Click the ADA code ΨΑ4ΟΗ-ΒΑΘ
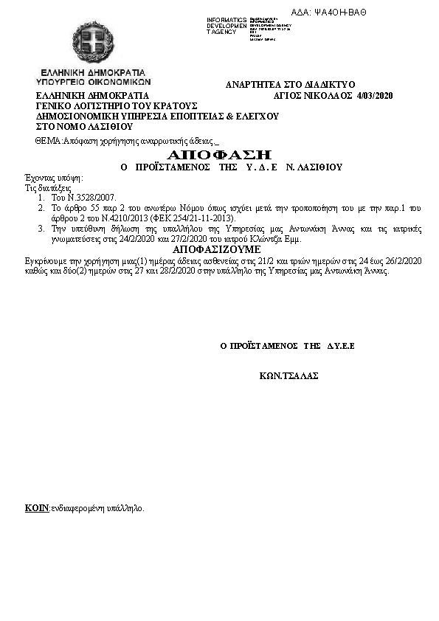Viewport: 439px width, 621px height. (339, 13)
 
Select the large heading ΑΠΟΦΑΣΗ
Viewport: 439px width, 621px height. (220, 154)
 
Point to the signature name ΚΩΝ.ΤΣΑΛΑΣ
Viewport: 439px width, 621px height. (289, 375)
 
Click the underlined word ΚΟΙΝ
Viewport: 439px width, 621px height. (37, 508)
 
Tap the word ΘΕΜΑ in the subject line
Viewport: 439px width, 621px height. (48, 140)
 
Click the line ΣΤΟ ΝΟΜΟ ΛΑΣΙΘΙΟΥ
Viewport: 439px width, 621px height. (79, 126)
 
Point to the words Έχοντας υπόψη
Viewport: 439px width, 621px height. (54, 178)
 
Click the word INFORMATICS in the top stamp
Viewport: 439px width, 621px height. (227, 19)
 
